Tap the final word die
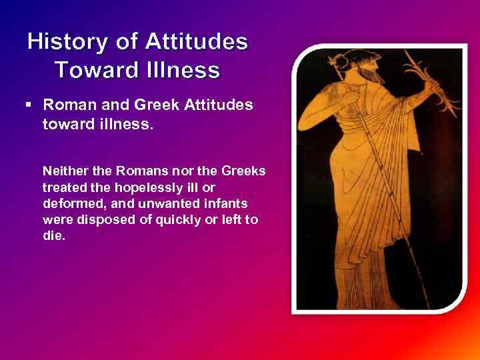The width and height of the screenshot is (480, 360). [x=53, y=235]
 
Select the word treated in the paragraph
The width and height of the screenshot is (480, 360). [x=63, y=187]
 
